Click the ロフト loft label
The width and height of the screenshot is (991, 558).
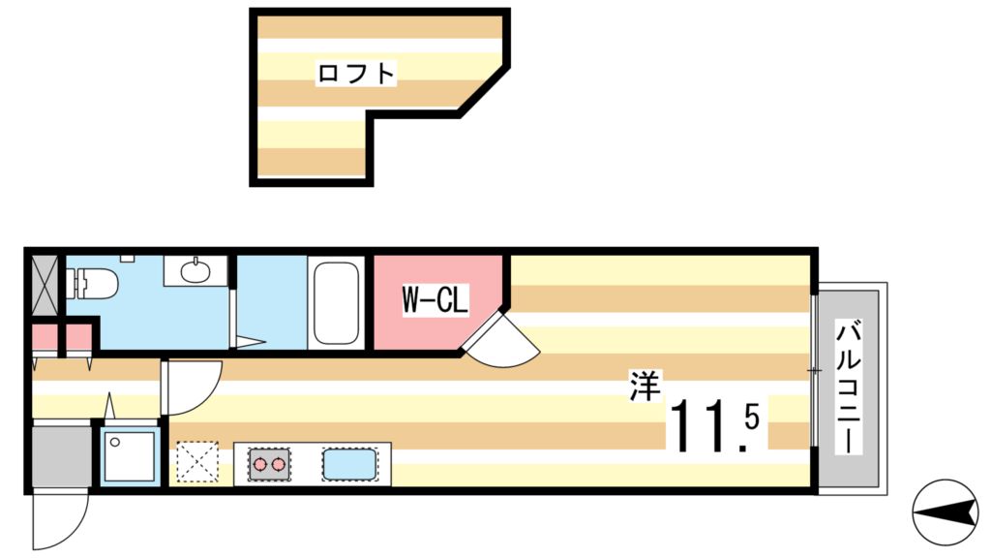[x=357, y=74]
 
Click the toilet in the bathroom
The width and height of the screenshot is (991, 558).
[x=91, y=284]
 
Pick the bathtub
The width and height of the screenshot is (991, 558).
[x=336, y=303]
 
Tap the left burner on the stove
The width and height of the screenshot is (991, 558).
[x=260, y=465]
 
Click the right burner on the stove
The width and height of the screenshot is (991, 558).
[x=280, y=465]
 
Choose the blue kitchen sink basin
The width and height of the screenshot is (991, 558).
[x=348, y=465]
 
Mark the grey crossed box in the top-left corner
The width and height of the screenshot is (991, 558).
[x=45, y=282]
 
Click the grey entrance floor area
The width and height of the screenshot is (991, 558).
[x=59, y=456]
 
